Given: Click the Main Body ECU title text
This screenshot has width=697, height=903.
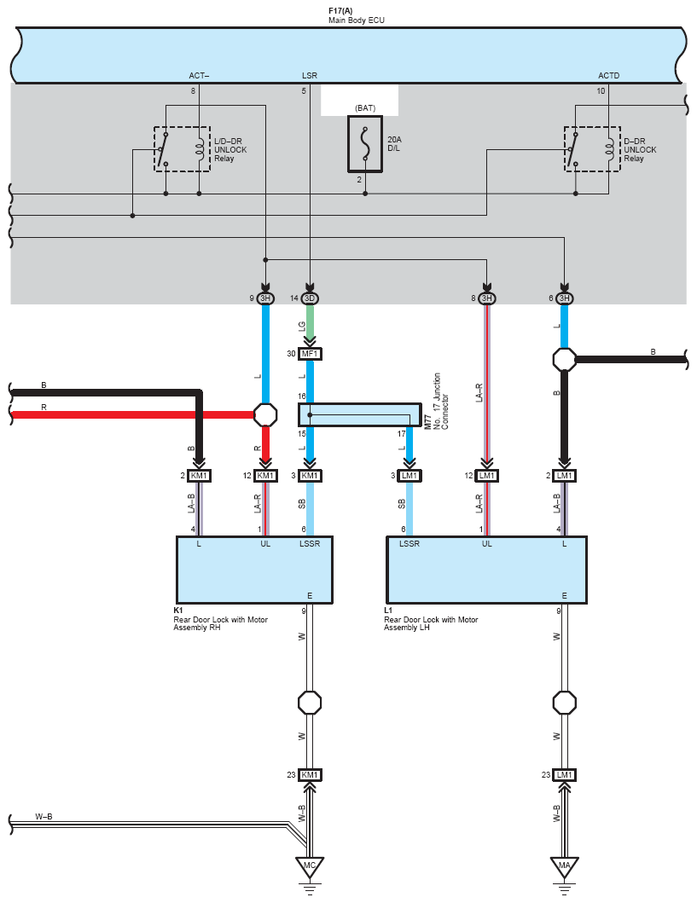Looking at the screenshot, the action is [356, 20].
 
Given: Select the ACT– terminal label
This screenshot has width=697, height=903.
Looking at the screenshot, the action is [199, 75].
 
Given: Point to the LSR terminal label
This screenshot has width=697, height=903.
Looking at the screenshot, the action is [310, 75].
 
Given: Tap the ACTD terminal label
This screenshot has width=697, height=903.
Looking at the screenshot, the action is [608, 75].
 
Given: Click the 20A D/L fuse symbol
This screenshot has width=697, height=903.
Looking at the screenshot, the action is [365, 144].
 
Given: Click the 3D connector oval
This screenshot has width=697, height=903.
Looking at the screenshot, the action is [310, 298].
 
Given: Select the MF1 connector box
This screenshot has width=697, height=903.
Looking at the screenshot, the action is [310, 354].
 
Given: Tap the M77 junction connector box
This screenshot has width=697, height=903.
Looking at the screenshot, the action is [359, 414].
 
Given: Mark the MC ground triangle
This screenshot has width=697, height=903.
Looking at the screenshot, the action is [310, 866].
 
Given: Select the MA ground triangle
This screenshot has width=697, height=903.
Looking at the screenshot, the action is [564, 866].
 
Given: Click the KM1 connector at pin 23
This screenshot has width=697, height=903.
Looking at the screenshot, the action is [310, 775].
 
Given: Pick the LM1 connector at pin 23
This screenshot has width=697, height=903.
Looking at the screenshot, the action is [565, 775].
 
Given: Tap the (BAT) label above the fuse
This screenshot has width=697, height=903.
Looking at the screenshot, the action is [365, 108].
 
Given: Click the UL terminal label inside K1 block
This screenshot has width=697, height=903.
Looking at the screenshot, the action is [265, 544].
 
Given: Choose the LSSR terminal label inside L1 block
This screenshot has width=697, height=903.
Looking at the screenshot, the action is [409, 544].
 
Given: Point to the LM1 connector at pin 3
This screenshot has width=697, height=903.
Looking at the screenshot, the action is [409, 476].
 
